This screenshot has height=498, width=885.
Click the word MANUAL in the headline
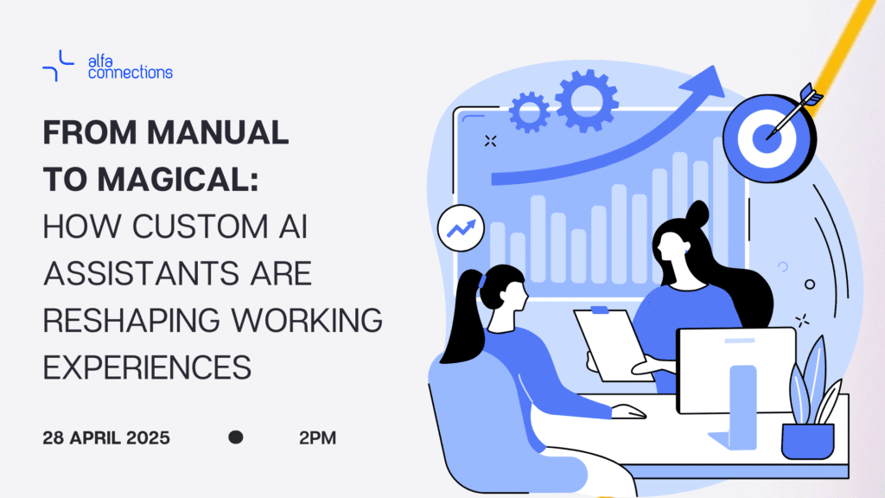[x=218, y=132]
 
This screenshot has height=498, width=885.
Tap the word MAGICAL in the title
[x=178, y=180]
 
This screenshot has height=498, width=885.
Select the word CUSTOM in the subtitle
[x=200, y=227]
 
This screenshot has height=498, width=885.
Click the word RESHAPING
[x=131, y=320]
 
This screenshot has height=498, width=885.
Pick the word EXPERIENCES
[x=147, y=367]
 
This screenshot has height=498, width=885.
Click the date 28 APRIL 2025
[x=106, y=437]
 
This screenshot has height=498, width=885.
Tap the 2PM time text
[x=318, y=437]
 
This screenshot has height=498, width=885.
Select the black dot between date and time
[x=236, y=437]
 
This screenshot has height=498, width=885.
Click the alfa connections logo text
[x=131, y=67]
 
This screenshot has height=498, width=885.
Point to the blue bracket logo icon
[x=58, y=66]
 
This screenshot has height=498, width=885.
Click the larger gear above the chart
[x=587, y=100]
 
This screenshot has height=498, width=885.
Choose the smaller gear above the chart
[x=530, y=112]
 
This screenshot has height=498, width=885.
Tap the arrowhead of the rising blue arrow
[x=704, y=82]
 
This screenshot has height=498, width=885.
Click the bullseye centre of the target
[x=767, y=138]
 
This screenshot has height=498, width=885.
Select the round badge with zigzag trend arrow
[x=462, y=228]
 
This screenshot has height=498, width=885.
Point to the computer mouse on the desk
[x=629, y=411]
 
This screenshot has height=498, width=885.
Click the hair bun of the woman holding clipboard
[x=697, y=214]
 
